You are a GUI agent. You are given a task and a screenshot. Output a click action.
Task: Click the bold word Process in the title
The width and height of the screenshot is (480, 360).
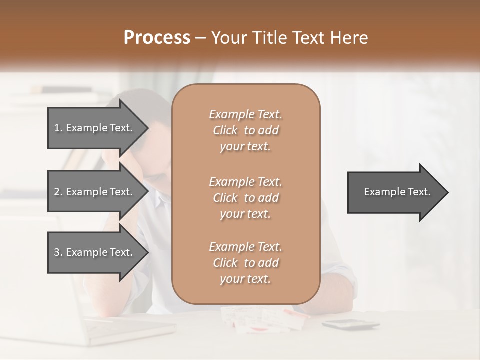tap(157, 38)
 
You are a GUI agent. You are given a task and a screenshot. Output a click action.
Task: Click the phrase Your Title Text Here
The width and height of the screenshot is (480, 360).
tap(290, 38)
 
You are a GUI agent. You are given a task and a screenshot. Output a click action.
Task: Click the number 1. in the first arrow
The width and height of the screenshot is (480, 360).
tap(58, 128)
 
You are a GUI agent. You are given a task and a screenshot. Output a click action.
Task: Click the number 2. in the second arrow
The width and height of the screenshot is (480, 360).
tap(58, 192)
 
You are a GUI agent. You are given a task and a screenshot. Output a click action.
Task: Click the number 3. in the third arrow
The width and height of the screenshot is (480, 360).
tap(58, 252)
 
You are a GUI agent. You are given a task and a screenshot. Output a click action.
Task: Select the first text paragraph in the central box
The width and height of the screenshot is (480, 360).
tap(245, 130)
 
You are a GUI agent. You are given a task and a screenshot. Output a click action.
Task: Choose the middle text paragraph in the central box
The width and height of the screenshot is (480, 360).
tap(245, 198)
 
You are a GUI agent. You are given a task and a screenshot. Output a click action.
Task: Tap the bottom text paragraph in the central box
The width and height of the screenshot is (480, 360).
tap(245, 263)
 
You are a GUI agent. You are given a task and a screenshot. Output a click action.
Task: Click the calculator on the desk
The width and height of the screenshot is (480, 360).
tap(350, 324)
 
